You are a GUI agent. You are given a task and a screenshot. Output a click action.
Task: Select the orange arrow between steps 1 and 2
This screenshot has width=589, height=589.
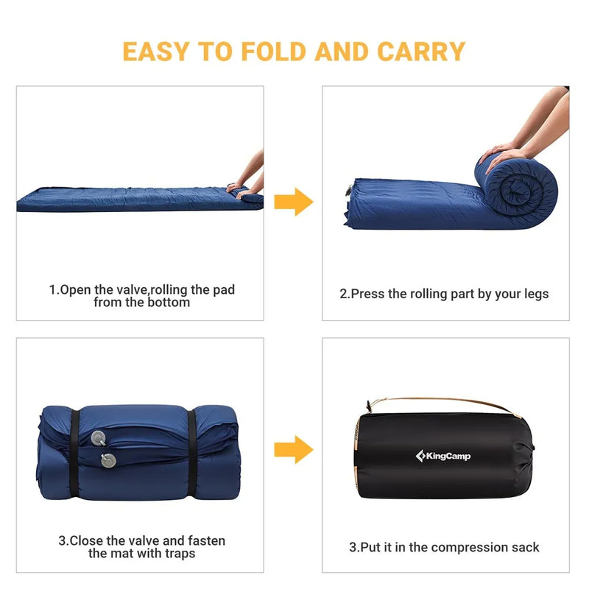(x=293, y=202)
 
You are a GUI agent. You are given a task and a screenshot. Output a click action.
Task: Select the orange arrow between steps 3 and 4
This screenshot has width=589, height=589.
(x=293, y=449)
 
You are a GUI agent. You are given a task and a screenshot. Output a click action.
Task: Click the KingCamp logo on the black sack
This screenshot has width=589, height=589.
(x=443, y=456)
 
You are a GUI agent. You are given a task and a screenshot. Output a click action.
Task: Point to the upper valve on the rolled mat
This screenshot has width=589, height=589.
(x=97, y=439)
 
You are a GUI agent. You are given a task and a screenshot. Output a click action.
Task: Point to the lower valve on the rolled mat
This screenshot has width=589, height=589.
(x=108, y=461)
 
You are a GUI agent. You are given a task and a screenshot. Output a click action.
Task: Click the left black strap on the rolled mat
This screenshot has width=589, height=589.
(x=75, y=453)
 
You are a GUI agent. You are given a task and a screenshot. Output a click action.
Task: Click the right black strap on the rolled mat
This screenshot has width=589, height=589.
(x=193, y=453)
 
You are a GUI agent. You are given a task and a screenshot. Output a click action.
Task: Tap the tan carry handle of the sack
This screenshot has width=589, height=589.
(x=442, y=402)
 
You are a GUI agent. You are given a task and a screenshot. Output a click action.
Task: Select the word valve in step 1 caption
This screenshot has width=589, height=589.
(x=131, y=290)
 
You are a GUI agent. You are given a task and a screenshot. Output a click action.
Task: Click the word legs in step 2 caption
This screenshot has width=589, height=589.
(x=535, y=294)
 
